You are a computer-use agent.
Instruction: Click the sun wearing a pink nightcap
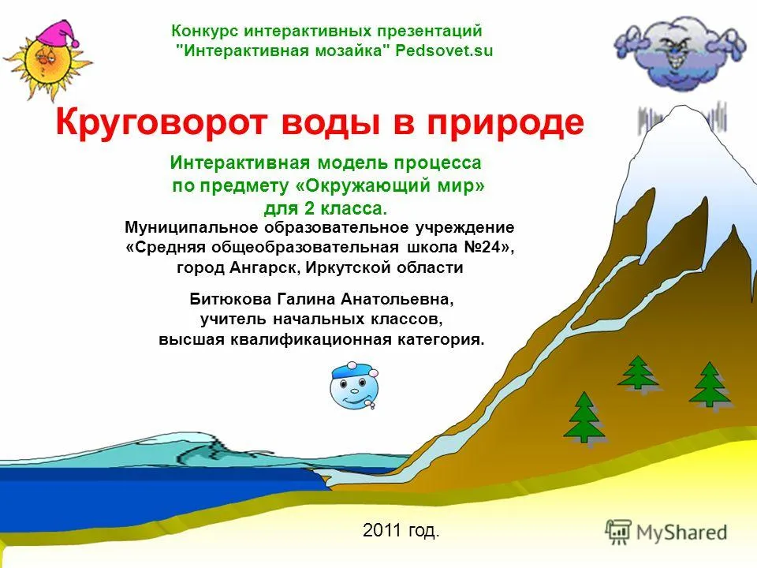coord(48,62)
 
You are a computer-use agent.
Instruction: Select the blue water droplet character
coord(354,387)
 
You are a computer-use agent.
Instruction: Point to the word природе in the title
coord(505,123)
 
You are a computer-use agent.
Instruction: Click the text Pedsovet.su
coord(444,50)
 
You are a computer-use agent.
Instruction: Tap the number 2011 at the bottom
coord(382,530)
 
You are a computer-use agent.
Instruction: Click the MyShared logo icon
coord(618,532)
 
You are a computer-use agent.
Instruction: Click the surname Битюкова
coord(231,300)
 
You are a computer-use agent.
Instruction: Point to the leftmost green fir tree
coord(584,417)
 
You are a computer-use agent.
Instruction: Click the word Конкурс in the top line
coord(205,31)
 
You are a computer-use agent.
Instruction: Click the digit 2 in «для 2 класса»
coord(308,208)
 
